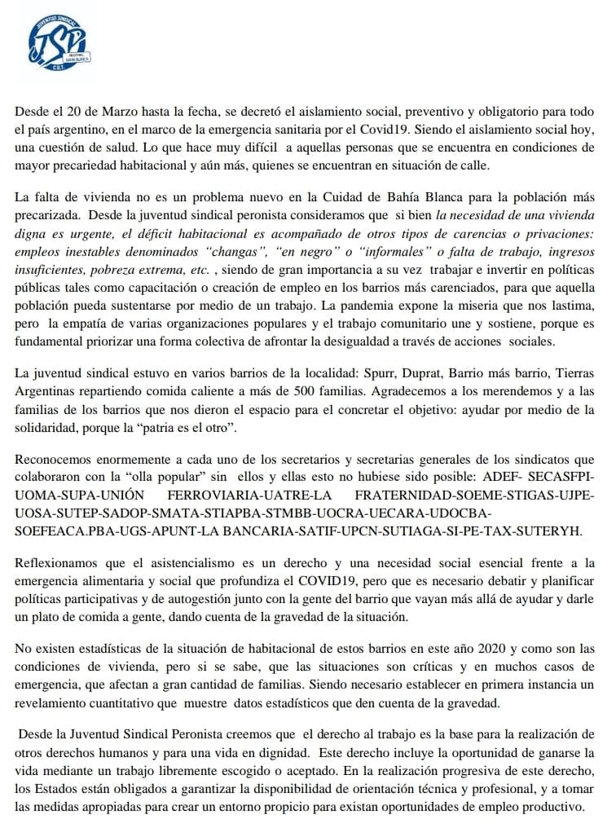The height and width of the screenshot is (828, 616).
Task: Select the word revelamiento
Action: [x=54, y=702]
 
